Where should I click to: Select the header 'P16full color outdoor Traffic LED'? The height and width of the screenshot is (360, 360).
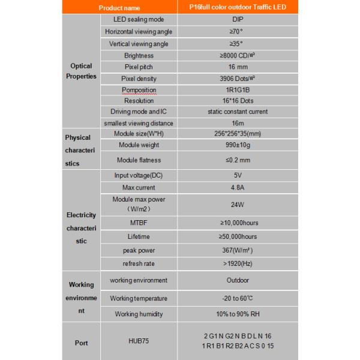(x=238, y=8)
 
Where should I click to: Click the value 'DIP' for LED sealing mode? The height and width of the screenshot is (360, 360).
(x=238, y=20)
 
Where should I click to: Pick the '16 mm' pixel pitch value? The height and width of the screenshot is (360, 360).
(x=238, y=66)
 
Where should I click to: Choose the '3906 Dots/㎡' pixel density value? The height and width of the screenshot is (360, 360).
(x=238, y=78)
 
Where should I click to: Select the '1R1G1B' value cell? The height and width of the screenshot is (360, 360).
(x=238, y=90)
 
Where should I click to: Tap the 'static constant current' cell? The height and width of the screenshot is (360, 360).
(x=238, y=112)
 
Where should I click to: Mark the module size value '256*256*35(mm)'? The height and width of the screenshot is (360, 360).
(x=238, y=133)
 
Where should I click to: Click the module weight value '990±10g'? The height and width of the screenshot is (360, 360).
(x=238, y=145)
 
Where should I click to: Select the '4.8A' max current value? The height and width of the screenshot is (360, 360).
(x=238, y=188)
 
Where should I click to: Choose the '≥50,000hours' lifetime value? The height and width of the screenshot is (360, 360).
(x=238, y=236)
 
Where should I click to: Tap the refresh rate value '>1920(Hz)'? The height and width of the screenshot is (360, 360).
(x=238, y=263)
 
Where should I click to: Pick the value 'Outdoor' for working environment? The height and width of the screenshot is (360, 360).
(x=238, y=280)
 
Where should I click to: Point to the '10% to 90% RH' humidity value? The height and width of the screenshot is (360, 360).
(x=238, y=314)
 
